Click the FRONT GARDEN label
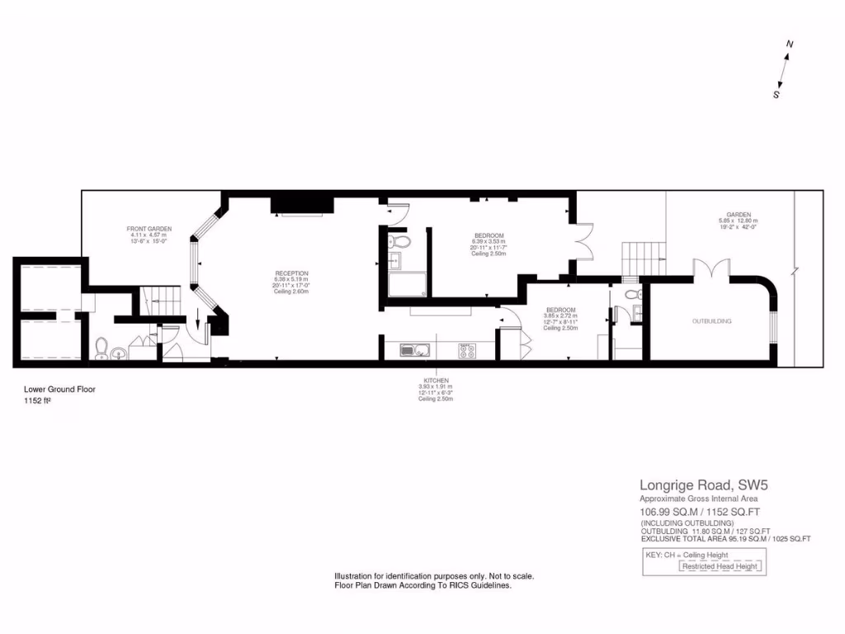(x=149, y=229)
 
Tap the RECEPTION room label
(x=291, y=273)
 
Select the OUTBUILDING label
(x=711, y=320)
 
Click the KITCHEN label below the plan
(x=434, y=381)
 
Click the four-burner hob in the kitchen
(x=466, y=350)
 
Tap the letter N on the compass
(x=790, y=45)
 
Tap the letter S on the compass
(x=777, y=94)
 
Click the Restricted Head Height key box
(x=722, y=566)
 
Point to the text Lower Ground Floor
(x=60, y=389)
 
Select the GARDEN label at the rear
(x=738, y=215)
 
